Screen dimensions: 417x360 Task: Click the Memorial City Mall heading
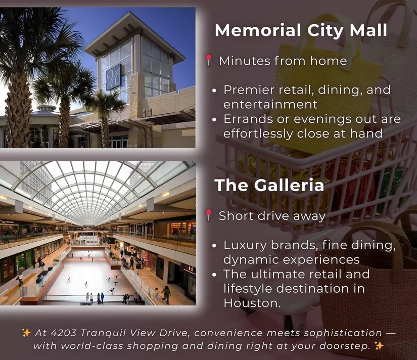tap(301, 30)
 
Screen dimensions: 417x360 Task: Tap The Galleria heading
tap(269, 185)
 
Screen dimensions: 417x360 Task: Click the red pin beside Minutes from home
tap(208, 60)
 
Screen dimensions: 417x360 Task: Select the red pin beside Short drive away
tap(208, 215)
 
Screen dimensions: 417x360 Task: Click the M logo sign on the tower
tap(114, 77)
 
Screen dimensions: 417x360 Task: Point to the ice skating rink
tap(88, 274)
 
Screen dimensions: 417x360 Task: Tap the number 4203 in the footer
tap(63, 333)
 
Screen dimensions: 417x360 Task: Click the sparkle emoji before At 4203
tap(26, 333)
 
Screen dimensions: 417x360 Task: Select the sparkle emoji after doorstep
tap(379, 346)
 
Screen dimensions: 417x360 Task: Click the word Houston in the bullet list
tap(252, 303)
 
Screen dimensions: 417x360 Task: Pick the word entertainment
tap(270, 104)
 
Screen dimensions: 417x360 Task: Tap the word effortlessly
tap(258, 133)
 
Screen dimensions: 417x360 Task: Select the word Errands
tap(248, 119)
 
